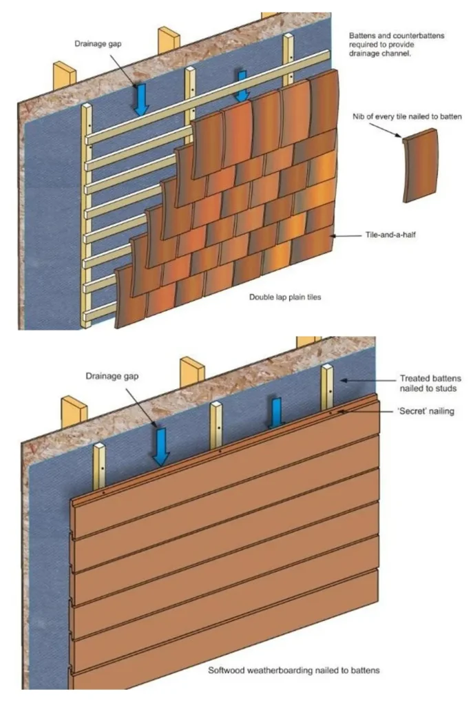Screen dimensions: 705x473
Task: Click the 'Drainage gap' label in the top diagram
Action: [x=99, y=44]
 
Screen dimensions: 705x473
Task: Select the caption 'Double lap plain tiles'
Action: [x=285, y=299]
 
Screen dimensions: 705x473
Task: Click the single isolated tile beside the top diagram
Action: [x=419, y=166]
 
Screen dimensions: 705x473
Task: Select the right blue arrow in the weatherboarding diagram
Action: [x=275, y=411]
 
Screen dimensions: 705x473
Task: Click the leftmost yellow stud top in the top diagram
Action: [x=63, y=75]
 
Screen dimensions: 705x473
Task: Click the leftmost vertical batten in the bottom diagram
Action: [x=101, y=468]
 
